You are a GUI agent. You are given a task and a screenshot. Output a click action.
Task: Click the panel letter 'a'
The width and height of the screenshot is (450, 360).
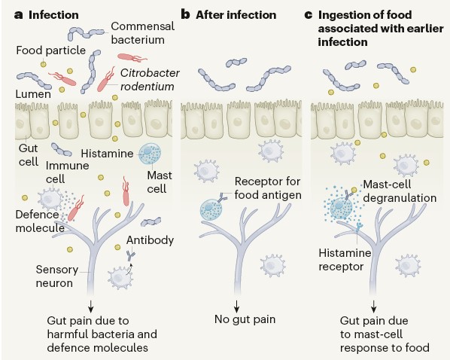[18, 15]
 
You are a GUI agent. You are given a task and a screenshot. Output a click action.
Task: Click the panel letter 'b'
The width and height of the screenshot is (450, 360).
[185, 14]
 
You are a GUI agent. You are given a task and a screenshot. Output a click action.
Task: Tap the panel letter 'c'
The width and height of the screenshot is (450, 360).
[309, 15]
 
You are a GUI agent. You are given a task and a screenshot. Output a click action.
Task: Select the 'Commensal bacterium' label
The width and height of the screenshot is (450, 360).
[143, 33]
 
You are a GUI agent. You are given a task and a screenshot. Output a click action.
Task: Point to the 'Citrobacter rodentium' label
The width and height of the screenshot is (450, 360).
[150, 80]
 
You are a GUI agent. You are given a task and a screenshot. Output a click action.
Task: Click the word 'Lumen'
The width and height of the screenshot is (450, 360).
[33, 94]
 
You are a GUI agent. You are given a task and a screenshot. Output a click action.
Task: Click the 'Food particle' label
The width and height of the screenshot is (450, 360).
[51, 50]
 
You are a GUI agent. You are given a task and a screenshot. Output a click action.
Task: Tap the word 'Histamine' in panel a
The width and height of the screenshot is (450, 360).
[107, 154]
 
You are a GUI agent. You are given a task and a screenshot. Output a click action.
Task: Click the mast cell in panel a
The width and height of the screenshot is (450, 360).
[150, 154]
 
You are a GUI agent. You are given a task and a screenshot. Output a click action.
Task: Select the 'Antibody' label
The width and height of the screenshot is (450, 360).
[150, 240]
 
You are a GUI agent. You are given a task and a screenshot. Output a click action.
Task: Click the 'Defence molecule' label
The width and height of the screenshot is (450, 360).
[40, 221]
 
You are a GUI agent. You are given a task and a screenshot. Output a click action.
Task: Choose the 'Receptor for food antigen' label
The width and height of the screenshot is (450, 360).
[268, 188]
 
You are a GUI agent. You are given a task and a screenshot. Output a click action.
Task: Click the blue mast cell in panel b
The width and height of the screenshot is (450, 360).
[211, 210]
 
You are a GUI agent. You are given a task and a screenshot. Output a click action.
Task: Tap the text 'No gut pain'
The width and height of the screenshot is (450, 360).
[245, 319]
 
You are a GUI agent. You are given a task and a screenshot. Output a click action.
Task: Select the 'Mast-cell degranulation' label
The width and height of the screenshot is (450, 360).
[400, 191]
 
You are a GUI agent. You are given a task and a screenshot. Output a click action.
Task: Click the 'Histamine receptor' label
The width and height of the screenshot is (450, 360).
[345, 260]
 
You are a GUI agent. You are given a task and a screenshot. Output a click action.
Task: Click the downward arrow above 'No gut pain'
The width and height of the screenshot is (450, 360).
[236, 307]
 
